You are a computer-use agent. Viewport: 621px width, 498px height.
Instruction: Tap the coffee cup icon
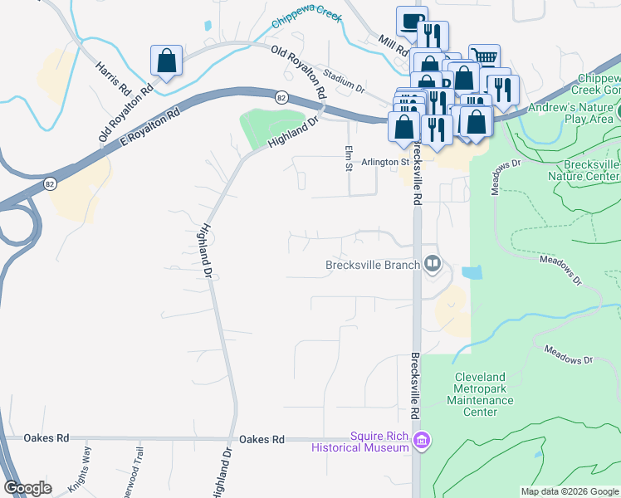(x=412, y=22)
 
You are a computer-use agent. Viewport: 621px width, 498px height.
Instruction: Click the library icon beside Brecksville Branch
(x=432, y=265)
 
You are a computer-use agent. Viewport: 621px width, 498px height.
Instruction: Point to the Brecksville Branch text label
(x=373, y=266)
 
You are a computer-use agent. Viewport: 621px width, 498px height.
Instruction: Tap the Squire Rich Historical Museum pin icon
(x=422, y=439)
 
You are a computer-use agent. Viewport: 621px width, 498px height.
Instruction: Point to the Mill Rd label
(x=389, y=44)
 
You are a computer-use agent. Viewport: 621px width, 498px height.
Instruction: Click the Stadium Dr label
(x=345, y=80)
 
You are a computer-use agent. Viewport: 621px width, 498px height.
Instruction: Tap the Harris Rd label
(x=114, y=77)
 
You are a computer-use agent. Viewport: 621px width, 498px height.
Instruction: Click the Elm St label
(x=348, y=158)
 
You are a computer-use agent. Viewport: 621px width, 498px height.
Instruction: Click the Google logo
(x=27, y=488)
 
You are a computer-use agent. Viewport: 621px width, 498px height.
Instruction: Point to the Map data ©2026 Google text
(x=570, y=491)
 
